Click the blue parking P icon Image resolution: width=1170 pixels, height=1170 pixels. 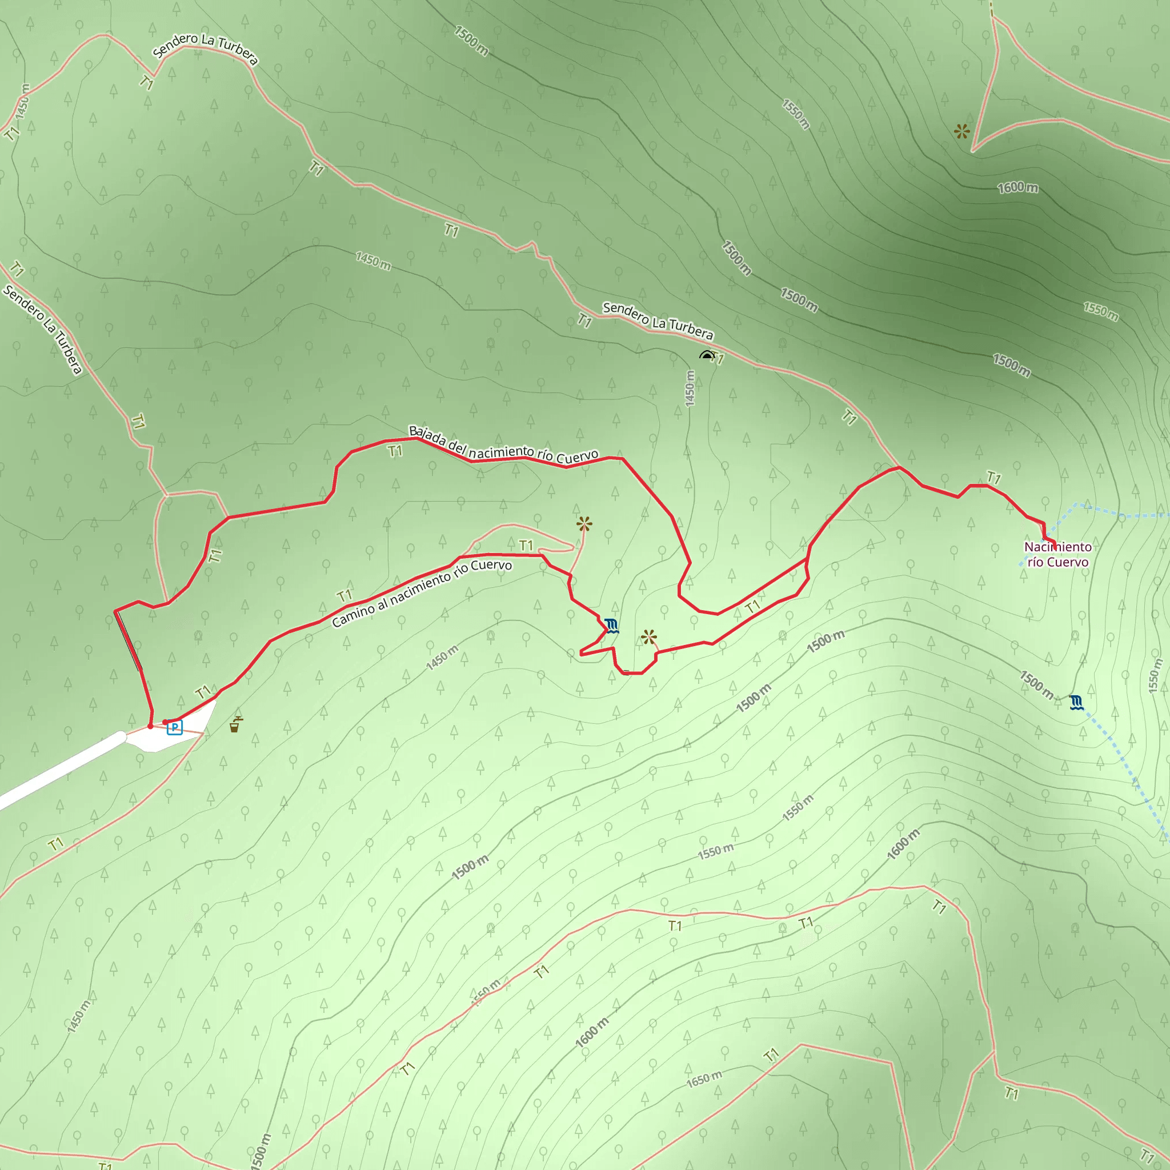tap(174, 727)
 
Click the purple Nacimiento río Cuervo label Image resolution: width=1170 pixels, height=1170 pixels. tap(1057, 554)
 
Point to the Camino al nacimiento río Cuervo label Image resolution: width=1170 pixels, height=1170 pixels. tap(422, 593)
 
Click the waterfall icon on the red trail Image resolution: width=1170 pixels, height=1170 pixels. tap(612, 626)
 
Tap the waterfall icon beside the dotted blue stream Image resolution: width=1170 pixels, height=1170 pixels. tap(1076, 703)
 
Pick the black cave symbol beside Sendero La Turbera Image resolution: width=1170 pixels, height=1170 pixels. tap(706, 355)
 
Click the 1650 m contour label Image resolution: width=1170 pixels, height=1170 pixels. tap(704, 1079)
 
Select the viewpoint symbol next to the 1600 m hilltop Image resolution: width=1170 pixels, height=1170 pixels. tap(961, 131)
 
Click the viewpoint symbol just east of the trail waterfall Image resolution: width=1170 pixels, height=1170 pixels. tap(648, 637)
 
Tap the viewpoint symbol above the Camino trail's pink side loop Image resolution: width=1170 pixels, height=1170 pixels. tap(584, 524)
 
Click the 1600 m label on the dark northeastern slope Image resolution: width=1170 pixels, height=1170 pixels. tap(1018, 188)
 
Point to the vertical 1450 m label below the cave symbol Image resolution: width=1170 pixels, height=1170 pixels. tap(690, 388)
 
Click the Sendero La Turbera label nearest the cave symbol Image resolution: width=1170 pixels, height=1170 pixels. tap(658, 321)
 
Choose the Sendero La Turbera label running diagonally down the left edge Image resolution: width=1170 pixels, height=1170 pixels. tap(42, 330)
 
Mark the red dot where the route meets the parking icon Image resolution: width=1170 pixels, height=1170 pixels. tap(165, 722)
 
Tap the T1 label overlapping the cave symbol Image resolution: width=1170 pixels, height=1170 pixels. tap(718, 359)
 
